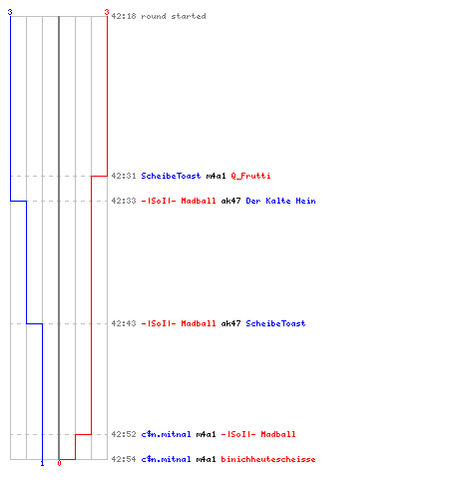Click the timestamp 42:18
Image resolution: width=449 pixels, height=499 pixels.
tap(124, 16)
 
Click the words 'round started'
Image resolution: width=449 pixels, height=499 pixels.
tap(174, 16)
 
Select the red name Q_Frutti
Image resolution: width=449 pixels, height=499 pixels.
tap(250, 176)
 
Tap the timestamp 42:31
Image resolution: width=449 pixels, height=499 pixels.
tap(124, 176)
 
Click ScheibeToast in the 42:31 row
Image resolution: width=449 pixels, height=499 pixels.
tap(171, 176)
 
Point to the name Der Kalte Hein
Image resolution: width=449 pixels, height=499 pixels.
tap(280, 201)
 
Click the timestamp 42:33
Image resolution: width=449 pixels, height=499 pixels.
tap(124, 201)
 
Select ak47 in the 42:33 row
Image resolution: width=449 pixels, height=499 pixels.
tap(230, 201)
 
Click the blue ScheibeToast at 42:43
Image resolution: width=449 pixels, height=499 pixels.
tap(275, 323)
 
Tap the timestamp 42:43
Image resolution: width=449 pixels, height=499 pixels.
tap(124, 323)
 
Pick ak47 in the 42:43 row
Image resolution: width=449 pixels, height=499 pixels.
tap(230, 323)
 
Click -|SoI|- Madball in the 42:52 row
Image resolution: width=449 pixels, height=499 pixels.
tap(258, 434)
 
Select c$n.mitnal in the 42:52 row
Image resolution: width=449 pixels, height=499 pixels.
tap(166, 434)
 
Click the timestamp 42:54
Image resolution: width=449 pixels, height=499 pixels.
tap(124, 459)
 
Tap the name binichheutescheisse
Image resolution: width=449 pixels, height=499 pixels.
tap(268, 459)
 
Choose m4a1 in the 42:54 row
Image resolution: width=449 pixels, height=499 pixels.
tap(206, 459)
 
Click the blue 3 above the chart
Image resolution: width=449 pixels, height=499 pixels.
tap(10, 12)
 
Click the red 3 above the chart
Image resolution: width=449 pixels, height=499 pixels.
tap(107, 12)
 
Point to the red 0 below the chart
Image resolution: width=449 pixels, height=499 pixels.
tap(59, 463)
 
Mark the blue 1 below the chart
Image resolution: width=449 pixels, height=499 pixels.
tap(42, 463)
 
